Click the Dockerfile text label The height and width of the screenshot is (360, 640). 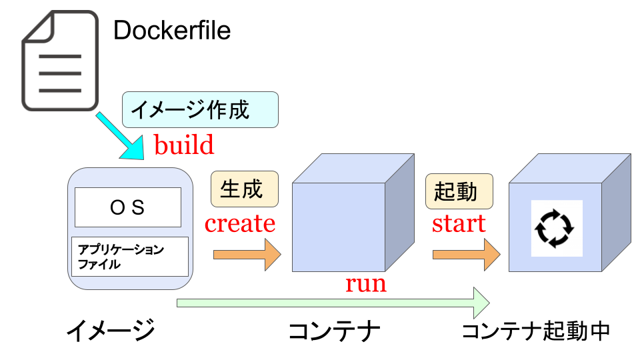pyautogui.click(x=172, y=31)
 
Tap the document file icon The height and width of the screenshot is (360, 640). pyautogui.click(x=59, y=62)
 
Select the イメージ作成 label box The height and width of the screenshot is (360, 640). pyautogui.click(x=200, y=109)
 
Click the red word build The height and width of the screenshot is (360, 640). pyautogui.click(x=184, y=145)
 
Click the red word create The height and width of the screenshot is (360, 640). pyautogui.click(x=240, y=223)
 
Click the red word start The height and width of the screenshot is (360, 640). pyautogui.click(x=459, y=223)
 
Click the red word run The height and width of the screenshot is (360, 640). pyautogui.click(x=365, y=283)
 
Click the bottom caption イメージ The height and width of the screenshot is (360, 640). pyautogui.click(x=111, y=330)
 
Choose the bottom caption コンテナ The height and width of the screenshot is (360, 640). pyautogui.click(x=334, y=330)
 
